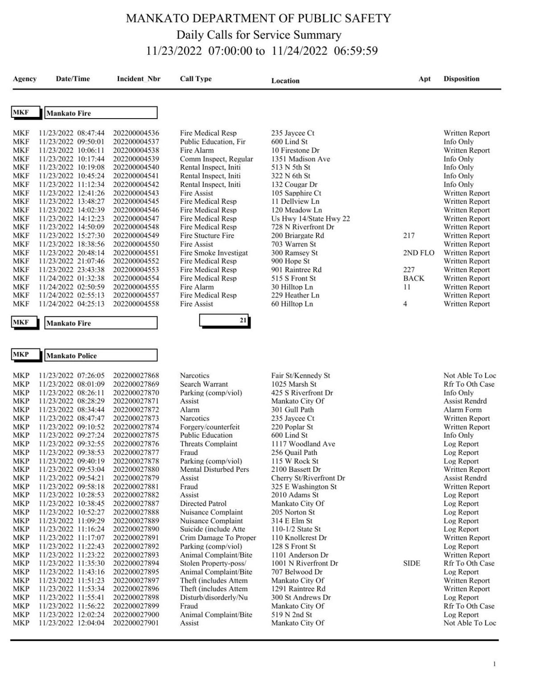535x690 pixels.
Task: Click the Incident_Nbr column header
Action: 138,79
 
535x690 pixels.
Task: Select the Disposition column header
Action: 461,79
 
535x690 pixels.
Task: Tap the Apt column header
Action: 424,79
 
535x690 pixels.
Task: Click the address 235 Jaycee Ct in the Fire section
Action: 292,133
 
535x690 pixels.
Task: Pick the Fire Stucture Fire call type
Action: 207,236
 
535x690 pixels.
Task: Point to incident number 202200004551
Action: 136,253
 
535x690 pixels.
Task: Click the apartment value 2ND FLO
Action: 418,253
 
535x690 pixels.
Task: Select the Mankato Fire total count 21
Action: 243,320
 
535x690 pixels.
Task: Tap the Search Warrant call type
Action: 204,384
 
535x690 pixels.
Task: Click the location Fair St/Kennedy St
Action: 300,376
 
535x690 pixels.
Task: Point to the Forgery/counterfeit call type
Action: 210,427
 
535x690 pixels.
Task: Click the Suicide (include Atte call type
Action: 212,529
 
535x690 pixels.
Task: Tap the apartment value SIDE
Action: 412,563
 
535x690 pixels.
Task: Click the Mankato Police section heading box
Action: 101,355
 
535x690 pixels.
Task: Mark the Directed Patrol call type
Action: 203,504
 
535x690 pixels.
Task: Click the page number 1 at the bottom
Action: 494,664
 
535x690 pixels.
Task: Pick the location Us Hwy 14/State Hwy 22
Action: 310,219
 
